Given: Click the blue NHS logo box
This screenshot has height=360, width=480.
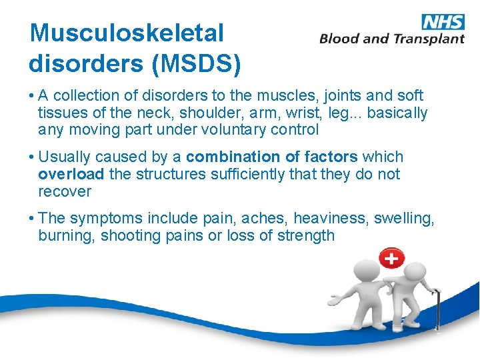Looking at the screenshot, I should (x=443, y=21).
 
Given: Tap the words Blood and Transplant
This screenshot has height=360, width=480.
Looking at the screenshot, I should (x=392, y=39).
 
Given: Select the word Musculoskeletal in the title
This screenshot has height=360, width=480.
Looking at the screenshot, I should (x=127, y=33).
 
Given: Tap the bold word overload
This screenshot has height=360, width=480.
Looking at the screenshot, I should (x=71, y=175).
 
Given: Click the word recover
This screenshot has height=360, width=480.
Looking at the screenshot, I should (x=65, y=192).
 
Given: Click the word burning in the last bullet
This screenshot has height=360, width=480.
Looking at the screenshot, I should (x=67, y=235).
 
